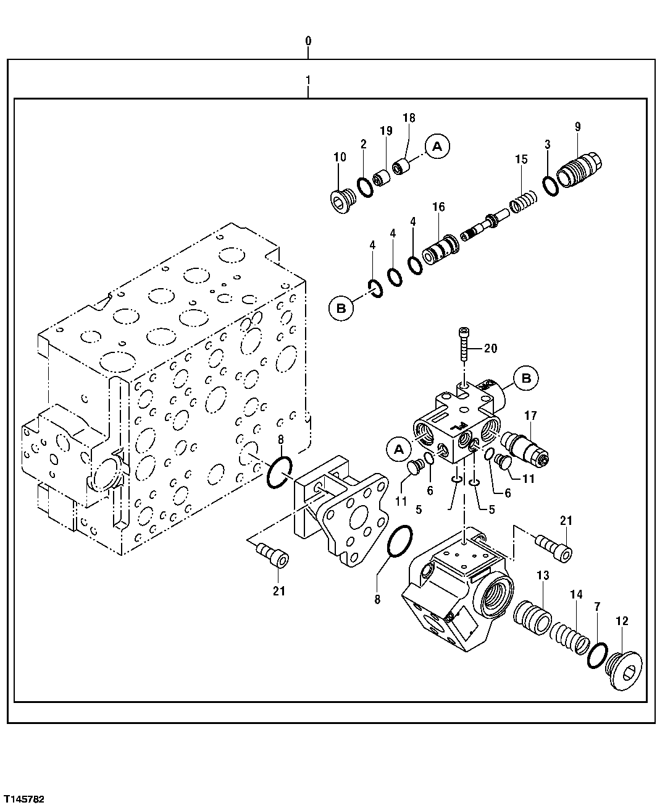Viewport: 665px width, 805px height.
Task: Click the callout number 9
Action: [577, 127]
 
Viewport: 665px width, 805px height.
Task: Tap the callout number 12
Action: [621, 621]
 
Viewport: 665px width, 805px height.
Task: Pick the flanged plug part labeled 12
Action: [623, 671]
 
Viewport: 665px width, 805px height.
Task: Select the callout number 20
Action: [490, 349]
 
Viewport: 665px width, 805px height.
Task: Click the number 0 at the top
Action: [308, 41]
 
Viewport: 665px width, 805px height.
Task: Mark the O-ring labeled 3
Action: [551, 184]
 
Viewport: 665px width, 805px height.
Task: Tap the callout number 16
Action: [438, 207]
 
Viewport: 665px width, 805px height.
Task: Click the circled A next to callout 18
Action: [437, 147]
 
